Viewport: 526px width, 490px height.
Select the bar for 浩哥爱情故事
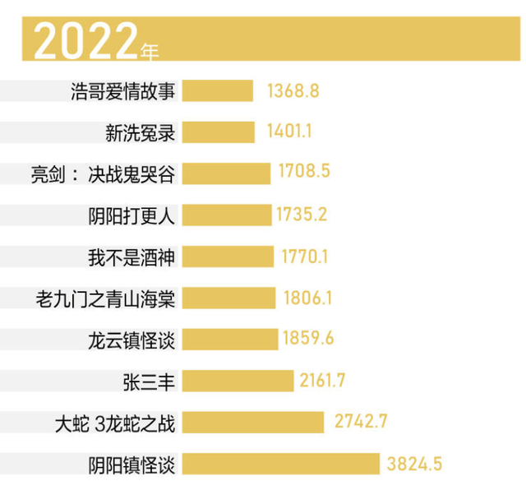tap(217, 90)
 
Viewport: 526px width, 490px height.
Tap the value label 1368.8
tap(293, 90)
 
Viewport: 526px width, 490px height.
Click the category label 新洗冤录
tap(141, 132)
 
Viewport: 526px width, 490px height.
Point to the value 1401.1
tap(289, 132)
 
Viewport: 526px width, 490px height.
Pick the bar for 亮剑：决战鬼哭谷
tap(226, 173)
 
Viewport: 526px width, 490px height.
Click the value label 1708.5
tap(304, 172)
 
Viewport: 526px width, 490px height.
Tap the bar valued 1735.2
tap(227, 215)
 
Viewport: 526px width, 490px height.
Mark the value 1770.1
tap(305, 257)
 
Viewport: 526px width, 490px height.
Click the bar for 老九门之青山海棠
tap(228, 298)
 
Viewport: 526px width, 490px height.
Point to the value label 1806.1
tap(307, 298)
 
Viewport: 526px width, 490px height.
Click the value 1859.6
tap(309, 339)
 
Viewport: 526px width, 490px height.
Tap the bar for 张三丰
tap(238, 381)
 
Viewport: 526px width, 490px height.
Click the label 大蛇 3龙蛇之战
tap(114, 423)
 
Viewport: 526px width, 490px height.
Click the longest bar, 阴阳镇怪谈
tap(280, 464)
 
